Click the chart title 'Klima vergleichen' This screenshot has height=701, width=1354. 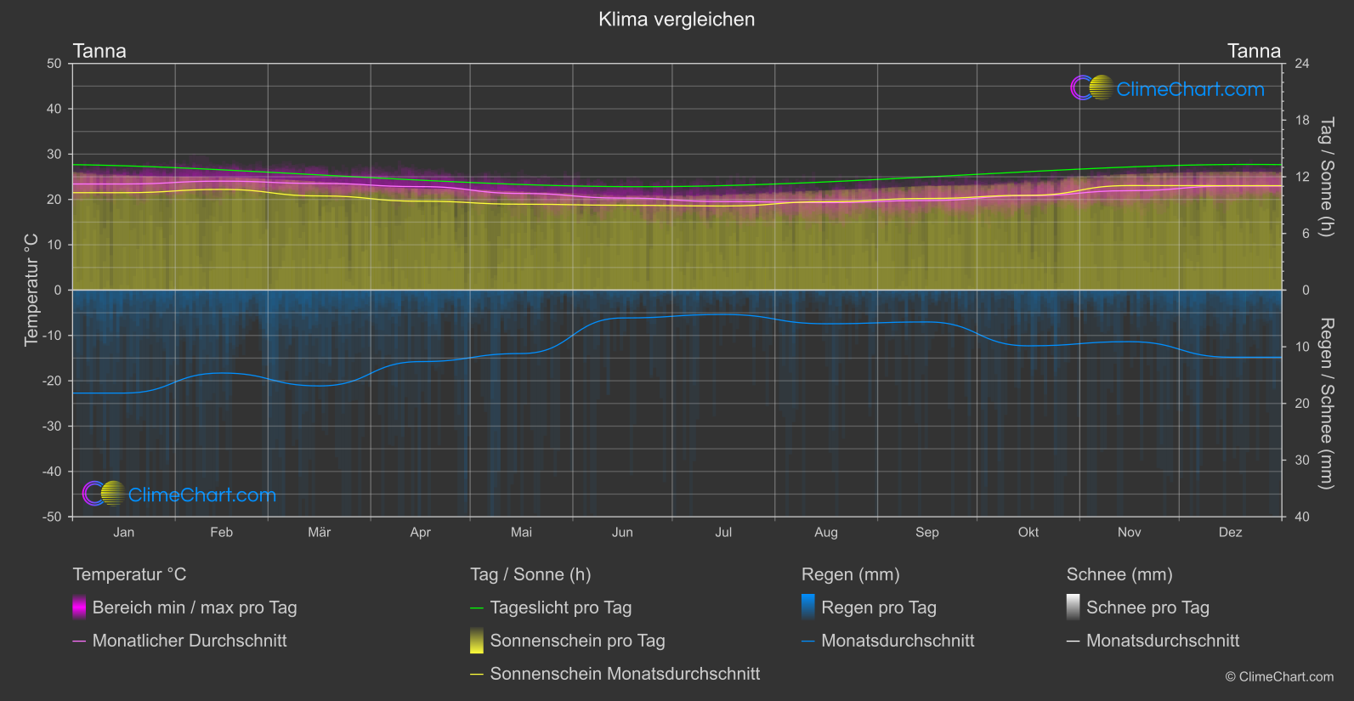(677, 20)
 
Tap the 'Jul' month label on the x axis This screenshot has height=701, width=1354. (723, 533)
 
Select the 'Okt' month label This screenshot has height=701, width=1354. (1028, 533)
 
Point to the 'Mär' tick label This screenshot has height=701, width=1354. (319, 533)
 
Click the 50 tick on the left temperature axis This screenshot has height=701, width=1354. (54, 64)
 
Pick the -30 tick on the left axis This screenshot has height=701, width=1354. (52, 427)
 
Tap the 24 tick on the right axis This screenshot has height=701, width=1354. (1301, 64)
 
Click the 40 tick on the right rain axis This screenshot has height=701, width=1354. (1301, 517)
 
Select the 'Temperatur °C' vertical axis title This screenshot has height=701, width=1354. (31, 290)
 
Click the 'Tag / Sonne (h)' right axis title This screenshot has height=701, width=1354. (1326, 177)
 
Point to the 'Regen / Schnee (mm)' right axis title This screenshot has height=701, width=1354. (1326, 404)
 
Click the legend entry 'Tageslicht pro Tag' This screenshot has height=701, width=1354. (560, 608)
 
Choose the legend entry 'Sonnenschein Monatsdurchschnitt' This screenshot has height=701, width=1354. (625, 674)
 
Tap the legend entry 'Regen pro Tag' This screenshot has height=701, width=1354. (878, 608)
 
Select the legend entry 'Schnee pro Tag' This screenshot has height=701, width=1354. (1147, 608)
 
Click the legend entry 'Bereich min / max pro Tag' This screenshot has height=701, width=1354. (194, 608)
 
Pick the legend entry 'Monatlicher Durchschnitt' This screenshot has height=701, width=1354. (189, 641)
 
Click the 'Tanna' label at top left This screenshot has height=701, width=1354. (99, 51)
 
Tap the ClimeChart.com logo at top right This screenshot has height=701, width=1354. (1168, 88)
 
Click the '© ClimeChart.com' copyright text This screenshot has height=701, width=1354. (1279, 677)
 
